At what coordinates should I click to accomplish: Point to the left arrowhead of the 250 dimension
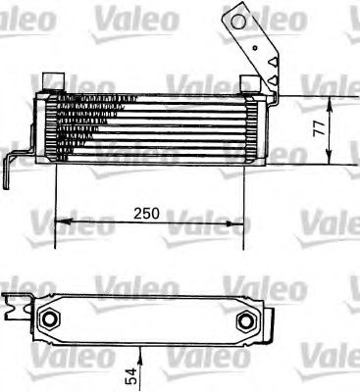coord(59,222)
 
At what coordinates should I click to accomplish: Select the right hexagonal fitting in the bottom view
coord(244,318)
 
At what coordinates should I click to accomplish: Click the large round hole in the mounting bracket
coord(235,19)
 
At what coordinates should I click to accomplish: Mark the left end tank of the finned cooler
coord(41,125)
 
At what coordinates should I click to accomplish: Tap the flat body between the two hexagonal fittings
coord(147,318)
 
